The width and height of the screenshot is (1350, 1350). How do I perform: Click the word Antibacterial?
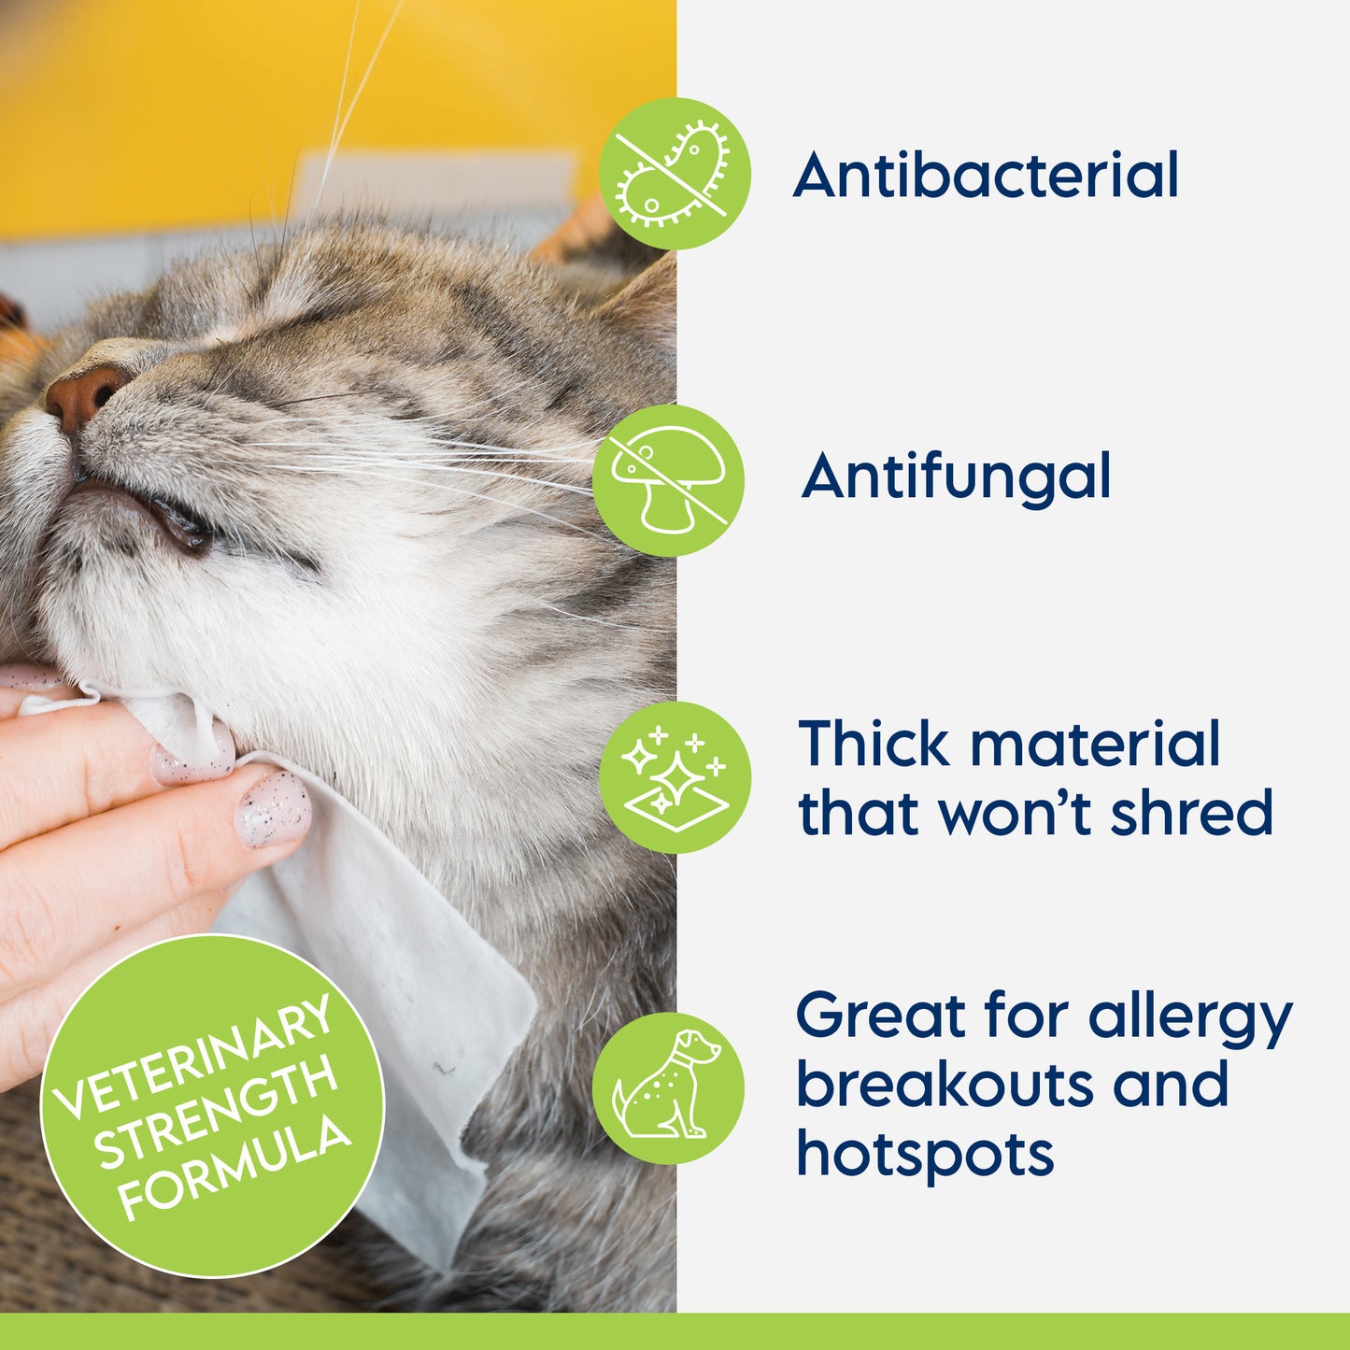[986, 176]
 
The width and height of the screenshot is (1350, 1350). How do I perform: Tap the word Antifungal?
[957, 476]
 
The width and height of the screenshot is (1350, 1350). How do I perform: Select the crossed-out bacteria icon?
[675, 174]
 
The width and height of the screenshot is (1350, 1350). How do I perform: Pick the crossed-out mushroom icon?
[668, 480]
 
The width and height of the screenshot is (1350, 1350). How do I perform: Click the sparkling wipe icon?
[675, 777]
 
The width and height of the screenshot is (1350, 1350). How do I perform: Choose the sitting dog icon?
[668, 1087]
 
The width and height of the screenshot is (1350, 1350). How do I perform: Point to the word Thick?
[874, 745]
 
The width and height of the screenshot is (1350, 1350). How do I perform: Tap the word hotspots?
[925, 1155]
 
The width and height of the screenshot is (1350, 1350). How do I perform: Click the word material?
[1095, 745]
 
